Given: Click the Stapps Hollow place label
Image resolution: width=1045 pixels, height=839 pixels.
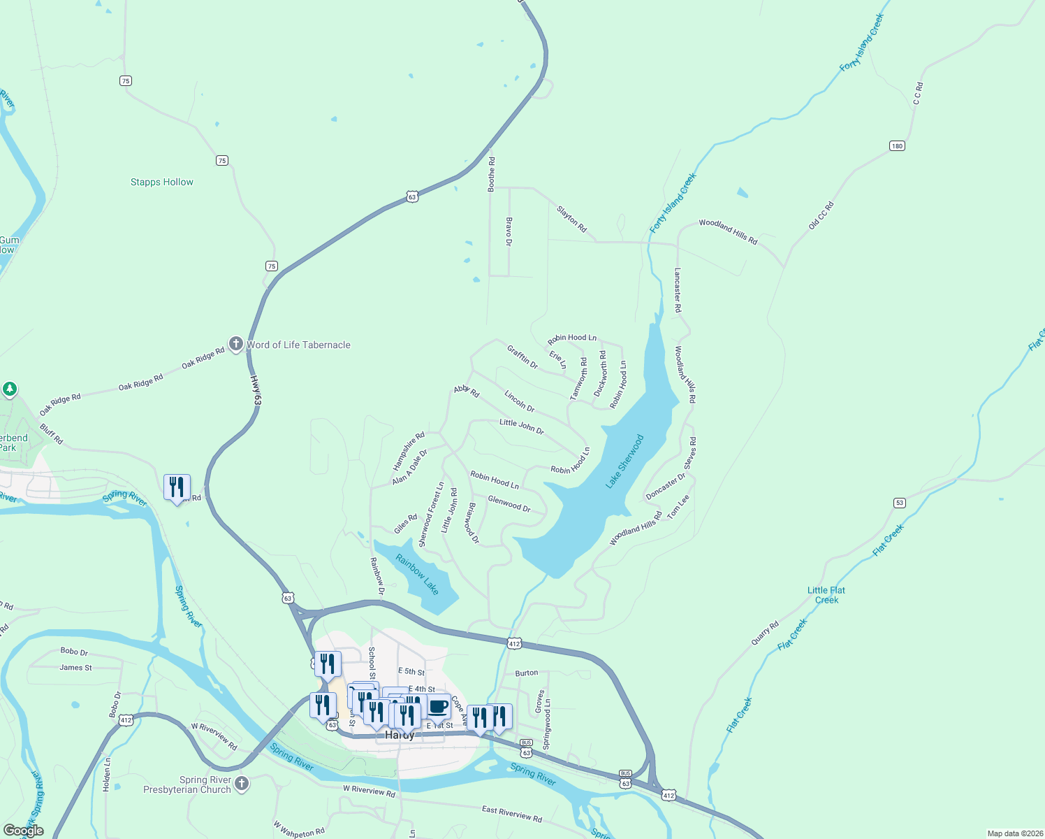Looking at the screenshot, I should (x=162, y=182).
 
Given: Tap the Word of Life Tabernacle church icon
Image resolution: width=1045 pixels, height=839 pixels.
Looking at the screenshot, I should (x=236, y=344).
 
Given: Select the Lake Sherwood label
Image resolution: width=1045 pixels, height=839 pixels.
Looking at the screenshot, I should (x=624, y=461).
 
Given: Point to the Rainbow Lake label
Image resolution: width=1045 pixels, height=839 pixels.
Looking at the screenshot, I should (x=418, y=574).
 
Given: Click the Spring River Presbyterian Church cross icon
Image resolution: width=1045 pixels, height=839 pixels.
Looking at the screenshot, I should (x=242, y=783).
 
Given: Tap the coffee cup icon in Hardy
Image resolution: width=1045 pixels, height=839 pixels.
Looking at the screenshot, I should (x=439, y=706).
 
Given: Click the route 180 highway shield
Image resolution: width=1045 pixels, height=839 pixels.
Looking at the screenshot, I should (x=897, y=146).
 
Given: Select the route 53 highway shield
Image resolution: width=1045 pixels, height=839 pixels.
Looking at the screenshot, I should (x=900, y=503).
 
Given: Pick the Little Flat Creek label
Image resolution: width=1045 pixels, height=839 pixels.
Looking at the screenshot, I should (x=826, y=595).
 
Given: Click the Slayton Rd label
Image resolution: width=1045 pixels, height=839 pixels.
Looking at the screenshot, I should (x=572, y=219).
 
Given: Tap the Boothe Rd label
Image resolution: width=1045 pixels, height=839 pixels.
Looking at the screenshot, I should (x=492, y=175).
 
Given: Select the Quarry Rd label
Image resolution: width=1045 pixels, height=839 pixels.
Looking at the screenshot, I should (x=765, y=633).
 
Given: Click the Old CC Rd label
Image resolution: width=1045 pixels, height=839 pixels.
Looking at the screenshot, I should (x=821, y=215).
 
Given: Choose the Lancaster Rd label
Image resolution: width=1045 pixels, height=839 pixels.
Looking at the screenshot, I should (x=678, y=290).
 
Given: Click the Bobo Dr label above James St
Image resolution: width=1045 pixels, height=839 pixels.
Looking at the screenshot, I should (x=74, y=652).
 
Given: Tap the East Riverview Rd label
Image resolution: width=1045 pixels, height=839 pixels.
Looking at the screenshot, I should (x=512, y=813).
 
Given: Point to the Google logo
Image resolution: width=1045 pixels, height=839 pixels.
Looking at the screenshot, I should (x=23, y=831).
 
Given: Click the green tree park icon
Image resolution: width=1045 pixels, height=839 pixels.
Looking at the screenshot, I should (x=10, y=389).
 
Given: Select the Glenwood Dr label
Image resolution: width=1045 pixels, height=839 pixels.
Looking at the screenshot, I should (x=509, y=503).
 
